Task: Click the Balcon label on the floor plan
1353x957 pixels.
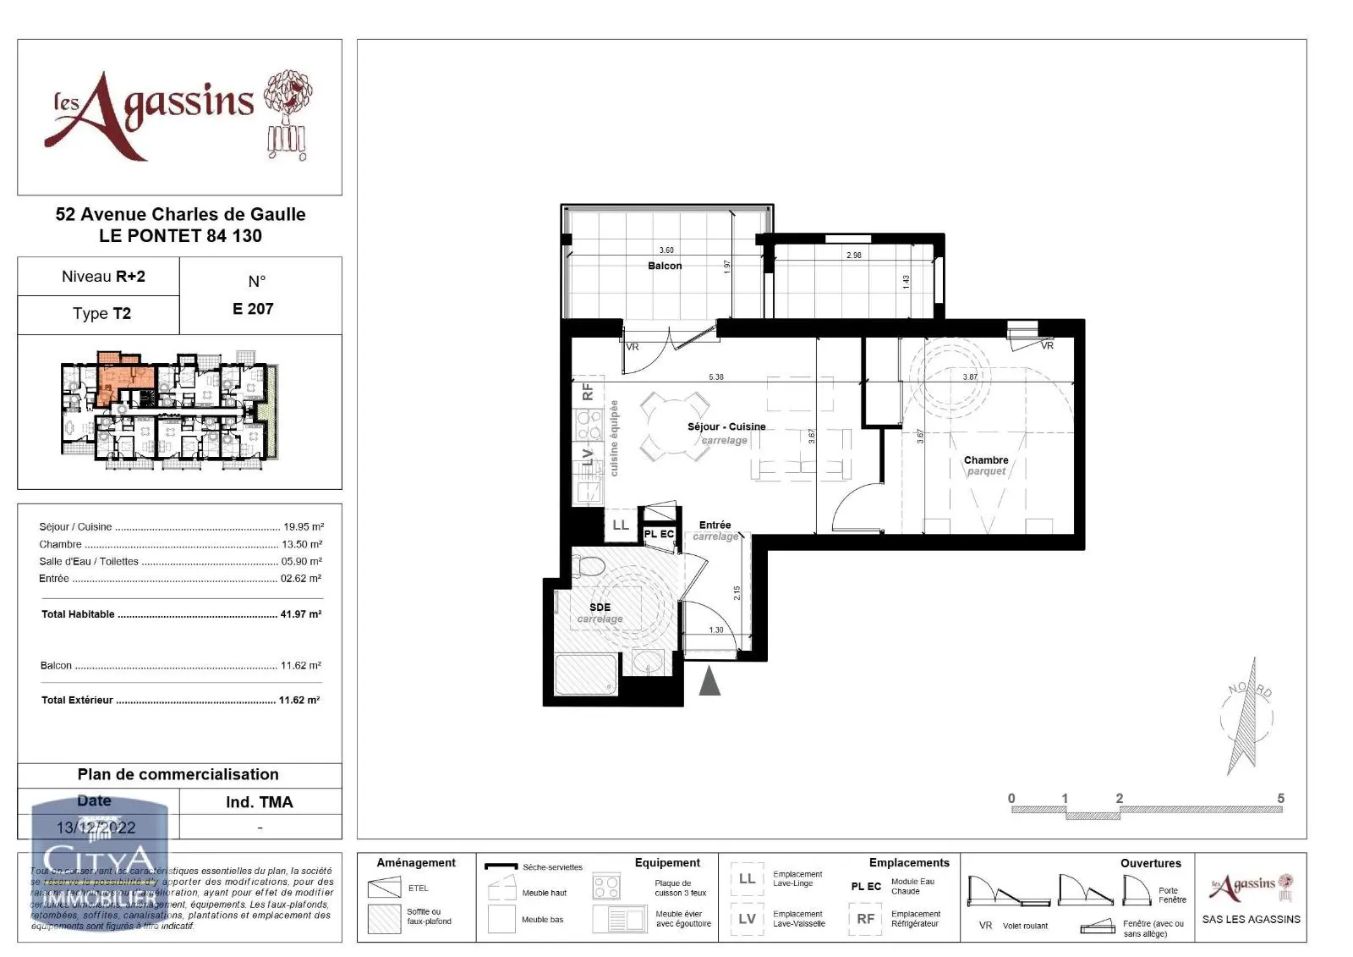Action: tap(665, 266)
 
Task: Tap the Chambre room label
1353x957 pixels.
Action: tap(986, 460)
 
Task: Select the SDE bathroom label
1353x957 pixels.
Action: tap(600, 608)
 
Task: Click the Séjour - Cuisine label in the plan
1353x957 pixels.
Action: tap(726, 426)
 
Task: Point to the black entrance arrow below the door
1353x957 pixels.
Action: tap(709, 680)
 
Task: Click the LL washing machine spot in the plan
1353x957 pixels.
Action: tap(620, 525)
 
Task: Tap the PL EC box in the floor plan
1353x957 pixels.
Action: tap(659, 534)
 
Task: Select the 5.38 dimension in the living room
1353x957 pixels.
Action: tap(716, 377)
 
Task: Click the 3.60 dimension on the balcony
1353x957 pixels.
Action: tap(666, 250)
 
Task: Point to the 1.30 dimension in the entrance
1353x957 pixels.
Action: tap(716, 630)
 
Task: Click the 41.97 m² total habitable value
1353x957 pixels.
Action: tap(300, 614)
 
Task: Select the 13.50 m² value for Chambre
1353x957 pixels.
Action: tap(301, 544)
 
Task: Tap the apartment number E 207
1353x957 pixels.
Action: tap(253, 309)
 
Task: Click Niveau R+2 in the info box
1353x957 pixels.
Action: tap(103, 277)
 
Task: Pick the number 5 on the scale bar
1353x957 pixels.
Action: tap(1280, 798)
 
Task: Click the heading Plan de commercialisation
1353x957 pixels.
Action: tap(178, 774)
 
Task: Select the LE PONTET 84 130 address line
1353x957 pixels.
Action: tap(180, 236)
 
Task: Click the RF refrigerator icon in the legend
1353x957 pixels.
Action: tap(866, 919)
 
